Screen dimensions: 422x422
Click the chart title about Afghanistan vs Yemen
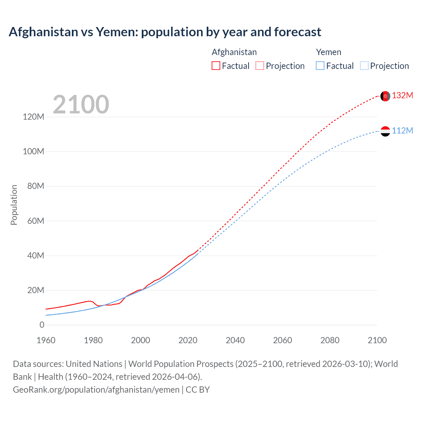pyautogui.click(x=165, y=32)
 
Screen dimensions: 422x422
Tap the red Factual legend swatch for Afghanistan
pyautogui.click(x=216, y=66)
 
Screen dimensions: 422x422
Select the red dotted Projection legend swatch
pyautogui.click(x=260, y=66)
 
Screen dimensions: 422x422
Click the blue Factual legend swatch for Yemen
pyautogui.click(x=320, y=66)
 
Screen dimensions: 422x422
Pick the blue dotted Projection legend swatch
pyautogui.click(x=364, y=66)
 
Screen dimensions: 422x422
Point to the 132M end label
pyautogui.click(x=402, y=96)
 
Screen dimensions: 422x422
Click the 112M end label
pyautogui.click(x=402, y=131)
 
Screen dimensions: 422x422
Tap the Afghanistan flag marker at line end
pyautogui.click(x=385, y=96)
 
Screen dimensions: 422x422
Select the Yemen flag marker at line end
pyautogui.click(x=385, y=131)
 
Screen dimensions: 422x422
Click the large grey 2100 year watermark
pyautogui.click(x=81, y=105)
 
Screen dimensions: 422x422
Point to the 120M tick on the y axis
pyautogui.click(x=33, y=117)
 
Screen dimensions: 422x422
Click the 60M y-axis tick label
pyautogui.click(x=36, y=221)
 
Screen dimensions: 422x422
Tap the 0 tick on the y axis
pyautogui.click(x=42, y=325)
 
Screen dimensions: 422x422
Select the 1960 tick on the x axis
pyautogui.click(x=46, y=340)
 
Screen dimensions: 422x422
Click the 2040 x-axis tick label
pyautogui.click(x=235, y=340)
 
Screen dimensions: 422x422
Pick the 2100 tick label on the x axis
pyautogui.click(x=377, y=340)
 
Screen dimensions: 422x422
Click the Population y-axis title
pyautogui.click(x=14, y=205)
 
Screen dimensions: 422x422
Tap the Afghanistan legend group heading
pyautogui.click(x=234, y=52)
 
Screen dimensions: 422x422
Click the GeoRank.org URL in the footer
pyautogui.click(x=96, y=390)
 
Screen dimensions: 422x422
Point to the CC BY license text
pyautogui.click(x=198, y=390)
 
